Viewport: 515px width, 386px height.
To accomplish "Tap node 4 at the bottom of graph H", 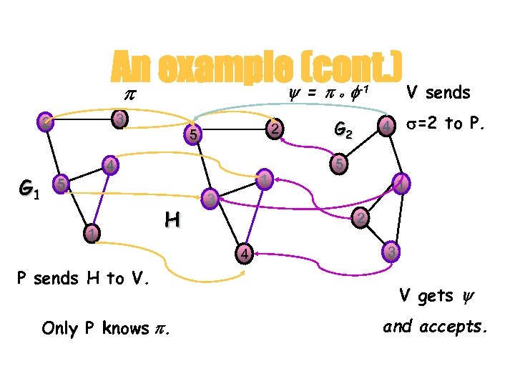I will tap(244, 253).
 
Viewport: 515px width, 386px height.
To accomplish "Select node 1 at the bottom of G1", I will tap(89, 233).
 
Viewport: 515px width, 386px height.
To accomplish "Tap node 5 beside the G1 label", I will tap(62, 184).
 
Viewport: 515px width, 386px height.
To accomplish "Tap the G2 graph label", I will tap(343, 131).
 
